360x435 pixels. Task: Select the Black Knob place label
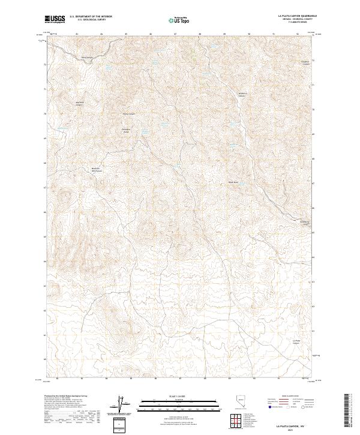click(233, 182)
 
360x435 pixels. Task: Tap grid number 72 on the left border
click(44, 64)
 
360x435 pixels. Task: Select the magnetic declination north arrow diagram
click(120, 404)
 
